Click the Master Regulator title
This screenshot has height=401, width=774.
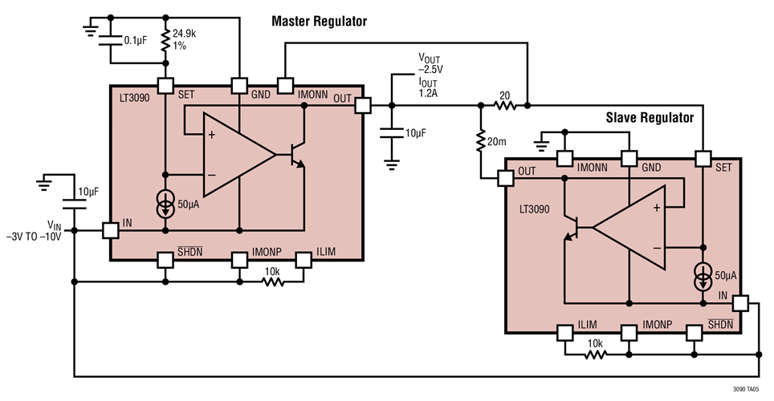pyautogui.click(x=319, y=22)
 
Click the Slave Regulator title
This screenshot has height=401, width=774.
pyautogui.click(x=649, y=118)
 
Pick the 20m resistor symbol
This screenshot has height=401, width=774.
pyautogui.click(x=479, y=142)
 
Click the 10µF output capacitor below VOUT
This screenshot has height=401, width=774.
pyautogui.click(x=392, y=133)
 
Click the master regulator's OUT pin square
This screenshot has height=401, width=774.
pyautogui.click(x=363, y=105)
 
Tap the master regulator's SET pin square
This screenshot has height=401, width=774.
pyautogui.click(x=165, y=85)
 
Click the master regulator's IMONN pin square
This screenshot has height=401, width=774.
pyautogui.click(x=284, y=85)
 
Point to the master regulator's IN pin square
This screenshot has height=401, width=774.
pyautogui.click(x=110, y=231)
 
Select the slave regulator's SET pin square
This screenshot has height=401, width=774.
pyautogui.click(x=703, y=159)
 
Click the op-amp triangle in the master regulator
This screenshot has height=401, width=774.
pyautogui.click(x=237, y=153)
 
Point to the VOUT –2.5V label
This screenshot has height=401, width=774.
pyautogui.click(x=430, y=64)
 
